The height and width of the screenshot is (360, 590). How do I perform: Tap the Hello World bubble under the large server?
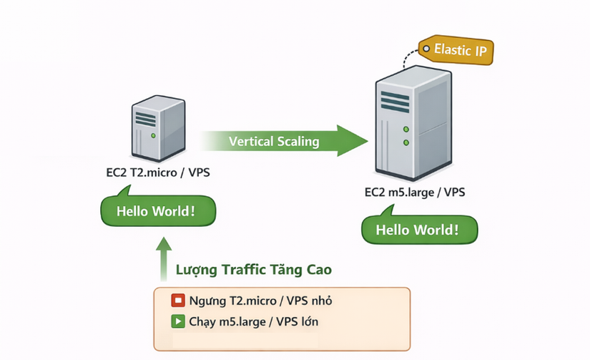(x=418, y=230)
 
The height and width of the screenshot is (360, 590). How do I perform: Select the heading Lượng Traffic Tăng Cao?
(x=253, y=271)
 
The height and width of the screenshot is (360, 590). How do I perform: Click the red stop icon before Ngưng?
(x=177, y=301)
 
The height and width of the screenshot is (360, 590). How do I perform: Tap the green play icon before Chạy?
(x=177, y=320)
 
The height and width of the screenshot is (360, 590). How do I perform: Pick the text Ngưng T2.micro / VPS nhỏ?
(x=260, y=301)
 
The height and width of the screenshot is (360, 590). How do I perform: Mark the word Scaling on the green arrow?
(x=298, y=141)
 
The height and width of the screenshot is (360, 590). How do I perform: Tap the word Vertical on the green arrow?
(x=251, y=141)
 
